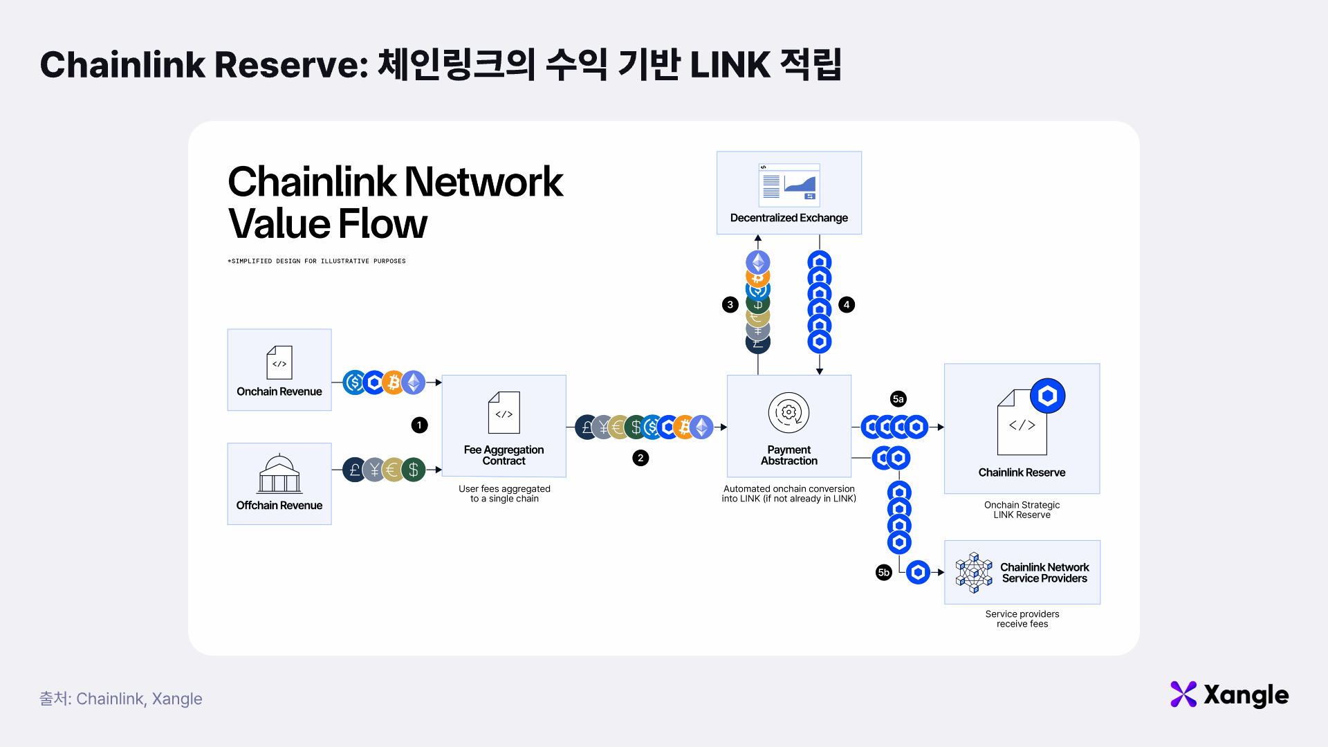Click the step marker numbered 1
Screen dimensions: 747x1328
pos(419,425)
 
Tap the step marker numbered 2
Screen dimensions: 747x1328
pos(640,458)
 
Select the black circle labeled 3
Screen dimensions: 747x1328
pos(730,305)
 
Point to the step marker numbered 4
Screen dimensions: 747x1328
pos(847,305)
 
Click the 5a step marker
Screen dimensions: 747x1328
pos(898,399)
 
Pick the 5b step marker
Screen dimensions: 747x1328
pos(883,573)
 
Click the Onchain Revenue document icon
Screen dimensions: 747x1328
pos(279,362)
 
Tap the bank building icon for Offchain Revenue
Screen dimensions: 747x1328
pos(279,474)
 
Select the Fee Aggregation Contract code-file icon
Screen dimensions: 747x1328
pos(504,413)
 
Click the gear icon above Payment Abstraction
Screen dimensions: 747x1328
pos(788,412)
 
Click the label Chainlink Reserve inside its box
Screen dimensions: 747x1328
pos(1022,472)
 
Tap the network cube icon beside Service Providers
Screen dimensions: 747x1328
pos(974,573)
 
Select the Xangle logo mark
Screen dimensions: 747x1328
pos(1183,694)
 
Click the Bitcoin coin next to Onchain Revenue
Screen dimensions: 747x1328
pos(394,382)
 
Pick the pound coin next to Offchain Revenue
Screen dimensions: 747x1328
pos(355,470)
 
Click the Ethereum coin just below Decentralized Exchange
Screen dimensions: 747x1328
pos(758,262)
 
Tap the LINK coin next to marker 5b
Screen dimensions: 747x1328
pos(918,573)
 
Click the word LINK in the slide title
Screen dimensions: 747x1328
pos(730,65)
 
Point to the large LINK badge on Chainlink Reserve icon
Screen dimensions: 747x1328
pos(1047,396)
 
